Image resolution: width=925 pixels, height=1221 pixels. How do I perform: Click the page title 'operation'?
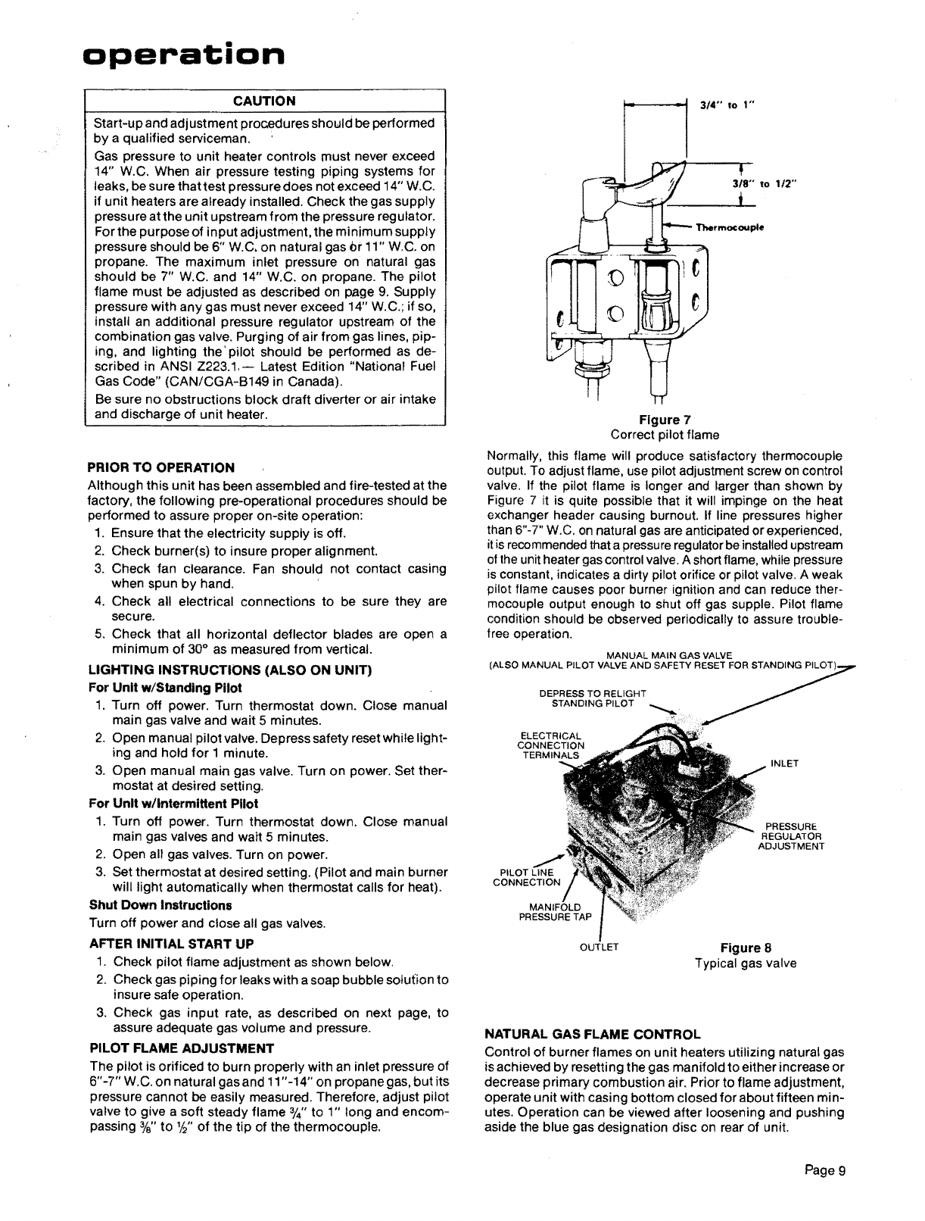(x=185, y=55)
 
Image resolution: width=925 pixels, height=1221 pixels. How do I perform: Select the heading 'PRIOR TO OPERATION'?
(x=161, y=467)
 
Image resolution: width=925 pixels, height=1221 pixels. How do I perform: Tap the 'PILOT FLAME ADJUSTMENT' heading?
(x=181, y=1048)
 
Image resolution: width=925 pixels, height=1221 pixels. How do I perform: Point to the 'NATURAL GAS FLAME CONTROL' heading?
(x=593, y=1034)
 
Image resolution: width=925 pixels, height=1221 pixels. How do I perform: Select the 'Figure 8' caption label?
(x=746, y=948)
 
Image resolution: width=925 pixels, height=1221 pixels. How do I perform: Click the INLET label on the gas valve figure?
(x=784, y=764)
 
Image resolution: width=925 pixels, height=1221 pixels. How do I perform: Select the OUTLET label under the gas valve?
(x=600, y=947)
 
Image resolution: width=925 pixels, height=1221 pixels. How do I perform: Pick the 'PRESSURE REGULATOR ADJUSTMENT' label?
(x=790, y=835)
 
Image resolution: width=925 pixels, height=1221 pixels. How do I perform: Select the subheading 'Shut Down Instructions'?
(x=160, y=905)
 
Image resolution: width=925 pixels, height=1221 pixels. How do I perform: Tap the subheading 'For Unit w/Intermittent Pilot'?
(x=173, y=804)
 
